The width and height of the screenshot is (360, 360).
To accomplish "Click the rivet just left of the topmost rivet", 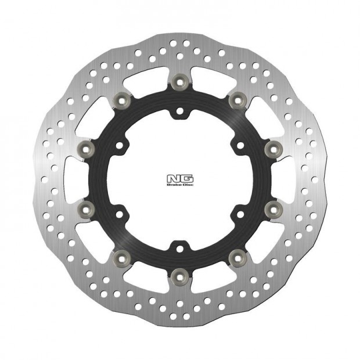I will click(x=122, y=100).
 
